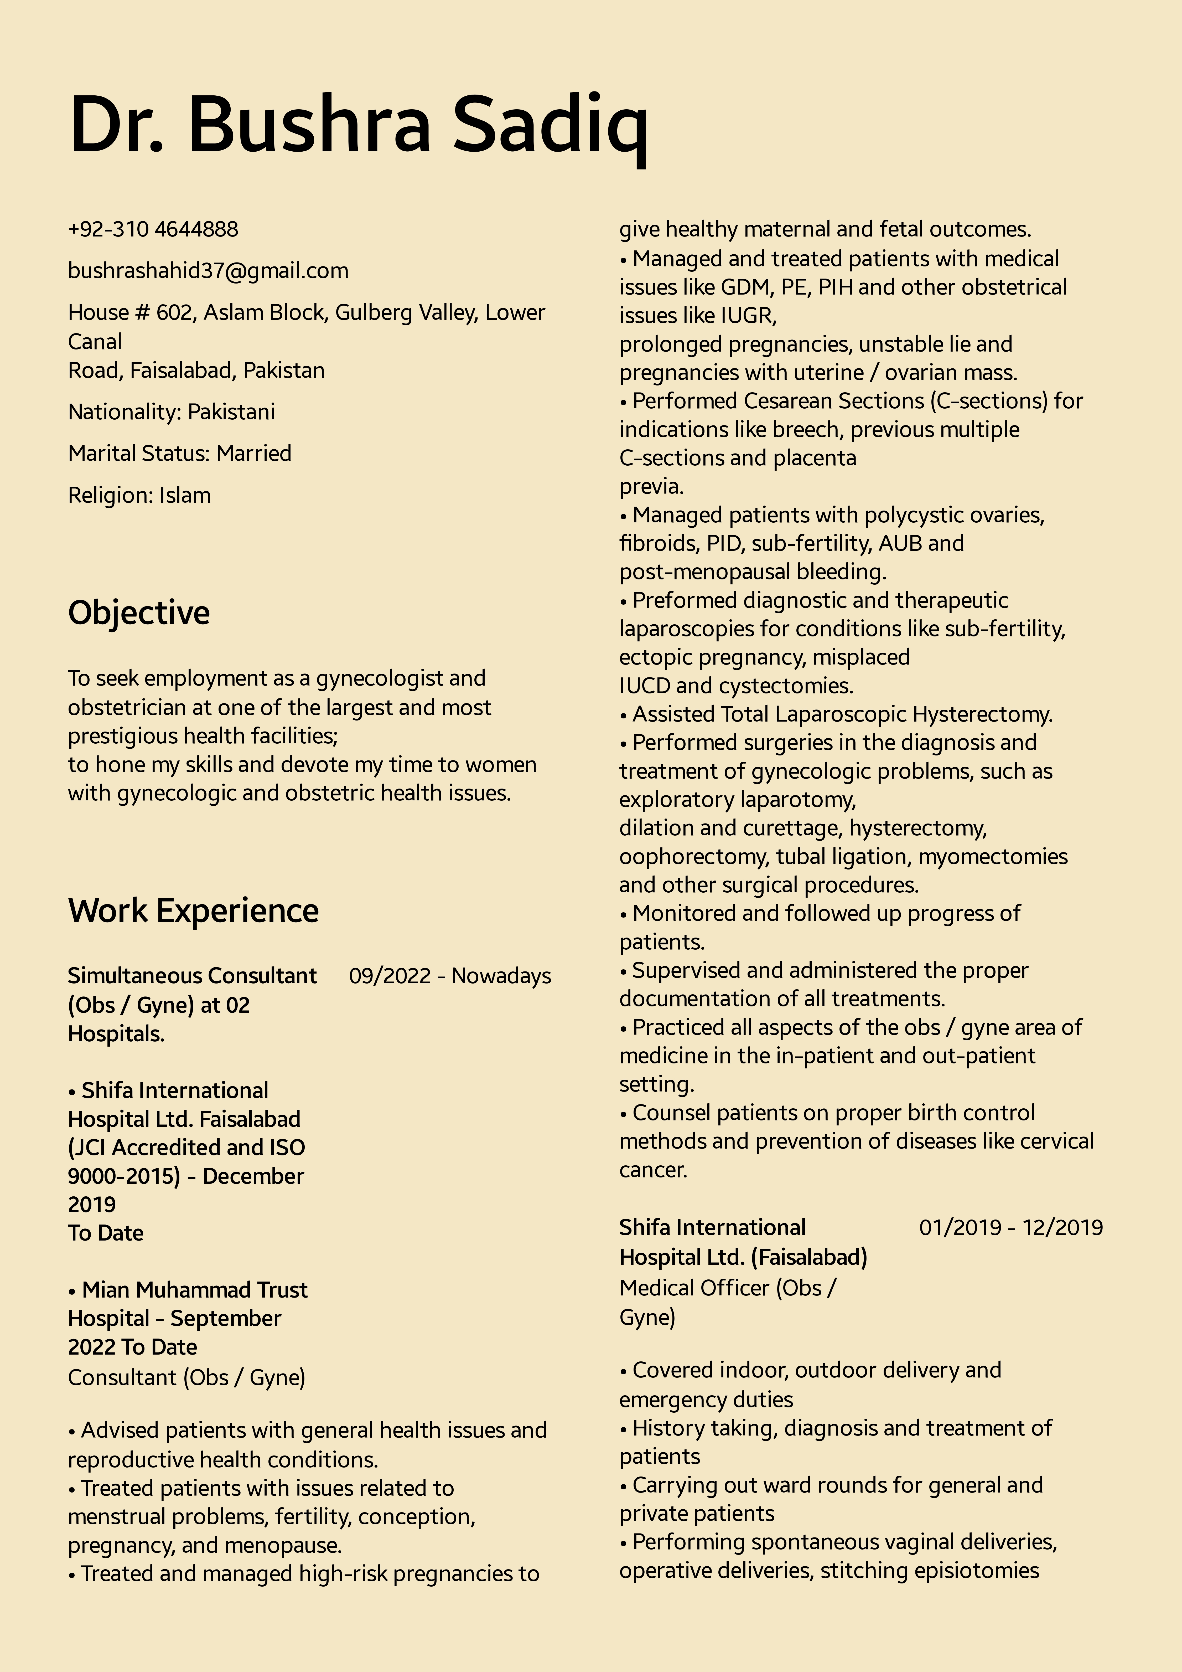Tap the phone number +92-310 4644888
pos(153,229)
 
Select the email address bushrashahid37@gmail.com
pos(208,271)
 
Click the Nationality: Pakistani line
pos(172,412)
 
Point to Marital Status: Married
pos(180,454)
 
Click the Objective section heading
pos(139,613)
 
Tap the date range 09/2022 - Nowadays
pos(450,976)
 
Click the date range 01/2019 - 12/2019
pos(1010,1228)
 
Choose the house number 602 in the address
pos(174,312)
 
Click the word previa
pos(651,486)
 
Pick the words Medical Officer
pos(694,1288)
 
